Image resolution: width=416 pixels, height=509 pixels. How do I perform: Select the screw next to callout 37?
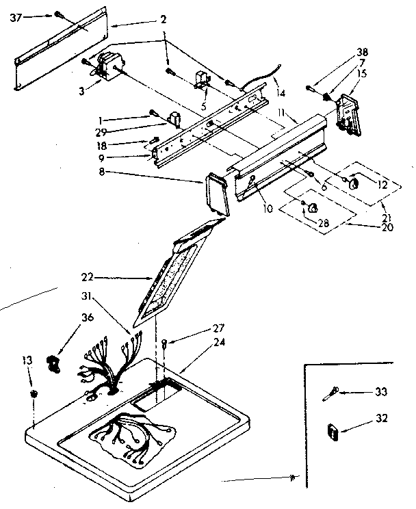coord(58,14)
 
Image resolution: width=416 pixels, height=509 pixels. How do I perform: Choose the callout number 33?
coord(381,392)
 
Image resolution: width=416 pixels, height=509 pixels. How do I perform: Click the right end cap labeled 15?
coord(349,109)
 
